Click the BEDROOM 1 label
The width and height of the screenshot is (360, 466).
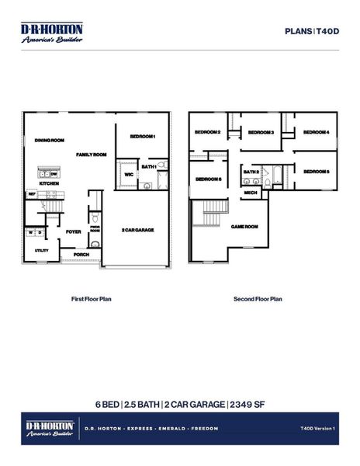click(x=143, y=137)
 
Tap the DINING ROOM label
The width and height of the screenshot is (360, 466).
click(x=49, y=141)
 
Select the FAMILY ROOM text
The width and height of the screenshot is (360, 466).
click(x=91, y=155)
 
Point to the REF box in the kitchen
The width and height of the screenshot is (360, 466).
click(x=33, y=196)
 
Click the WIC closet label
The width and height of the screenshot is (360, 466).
click(x=129, y=175)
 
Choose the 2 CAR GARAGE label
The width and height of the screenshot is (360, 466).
click(x=138, y=231)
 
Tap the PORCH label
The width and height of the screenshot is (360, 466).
click(x=81, y=254)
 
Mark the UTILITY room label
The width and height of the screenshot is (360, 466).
click(x=41, y=251)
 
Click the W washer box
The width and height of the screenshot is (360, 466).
click(x=30, y=231)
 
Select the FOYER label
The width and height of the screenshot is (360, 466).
click(x=74, y=231)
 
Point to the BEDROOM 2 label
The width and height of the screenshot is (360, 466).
click(x=208, y=132)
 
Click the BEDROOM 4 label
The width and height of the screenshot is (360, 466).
click(x=316, y=132)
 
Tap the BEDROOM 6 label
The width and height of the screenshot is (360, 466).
click(x=208, y=179)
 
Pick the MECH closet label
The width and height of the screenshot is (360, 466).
click(x=251, y=192)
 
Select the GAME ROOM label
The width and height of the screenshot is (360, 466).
click(x=244, y=226)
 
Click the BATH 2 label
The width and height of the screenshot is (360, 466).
click(x=251, y=172)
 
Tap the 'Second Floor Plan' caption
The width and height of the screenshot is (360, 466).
click(x=258, y=298)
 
